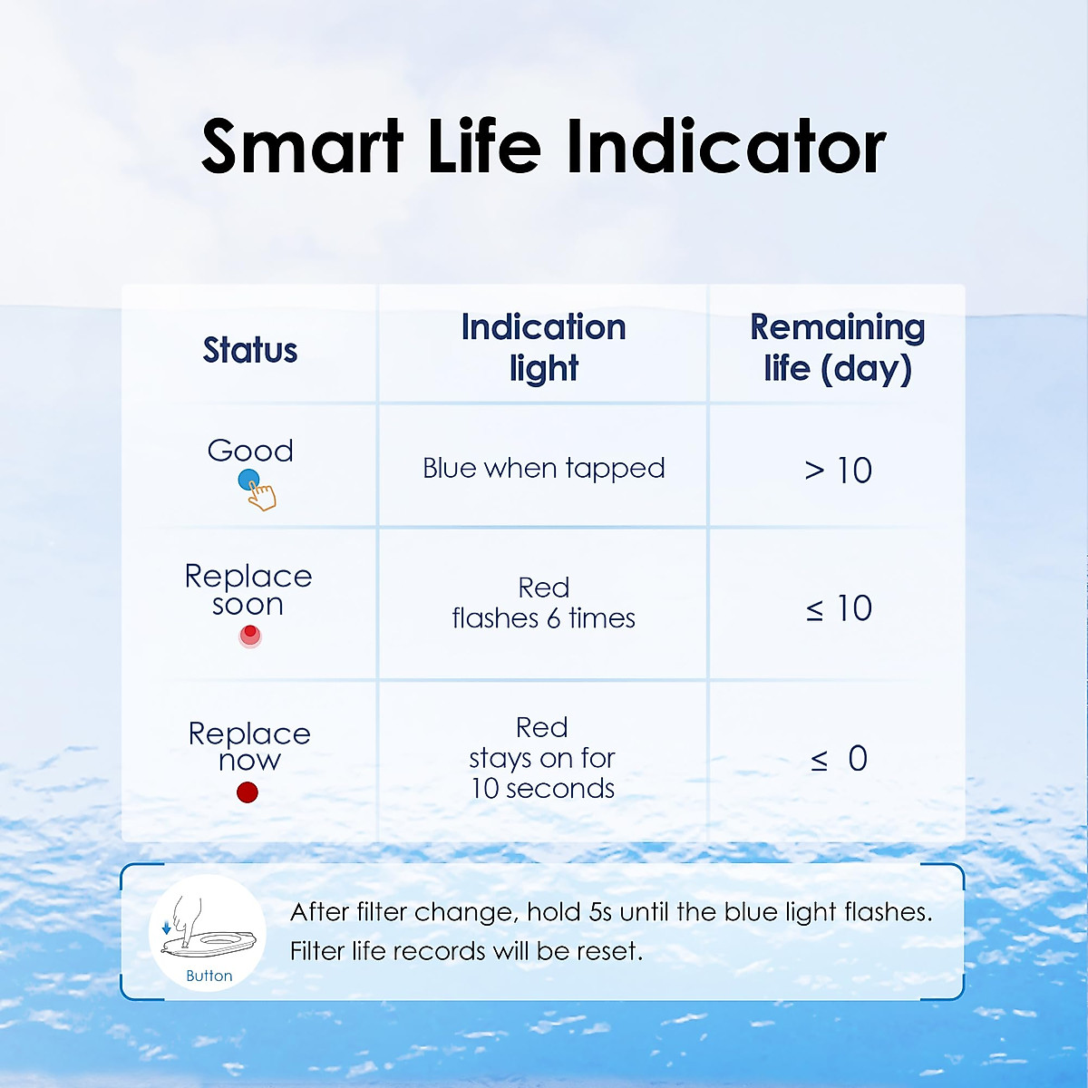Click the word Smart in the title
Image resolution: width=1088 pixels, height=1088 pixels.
click(302, 146)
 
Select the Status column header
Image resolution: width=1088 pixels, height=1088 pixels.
click(250, 350)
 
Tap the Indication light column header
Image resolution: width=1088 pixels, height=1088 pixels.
click(544, 348)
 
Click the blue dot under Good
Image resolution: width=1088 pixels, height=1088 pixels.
click(248, 481)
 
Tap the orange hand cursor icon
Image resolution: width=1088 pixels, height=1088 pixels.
click(263, 496)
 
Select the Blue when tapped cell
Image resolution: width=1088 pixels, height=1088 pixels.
click(544, 469)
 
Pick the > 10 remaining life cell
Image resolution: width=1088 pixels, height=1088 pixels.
click(839, 471)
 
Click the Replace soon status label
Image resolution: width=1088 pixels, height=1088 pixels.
click(248, 590)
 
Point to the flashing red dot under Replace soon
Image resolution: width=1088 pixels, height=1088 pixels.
click(250, 636)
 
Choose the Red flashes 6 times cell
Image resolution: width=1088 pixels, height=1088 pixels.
click(544, 603)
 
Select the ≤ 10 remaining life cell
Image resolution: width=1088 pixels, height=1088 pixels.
click(839, 608)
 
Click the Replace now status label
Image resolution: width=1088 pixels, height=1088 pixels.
click(249, 746)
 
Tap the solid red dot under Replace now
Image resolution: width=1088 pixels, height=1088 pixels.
click(248, 792)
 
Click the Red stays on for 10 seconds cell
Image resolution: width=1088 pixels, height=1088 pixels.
click(542, 758)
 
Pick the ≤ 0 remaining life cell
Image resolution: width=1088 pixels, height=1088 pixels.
click(839, 760)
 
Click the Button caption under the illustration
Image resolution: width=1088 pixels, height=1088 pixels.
click(209, 976)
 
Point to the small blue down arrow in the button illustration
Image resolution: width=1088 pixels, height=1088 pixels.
click(166, 928)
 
